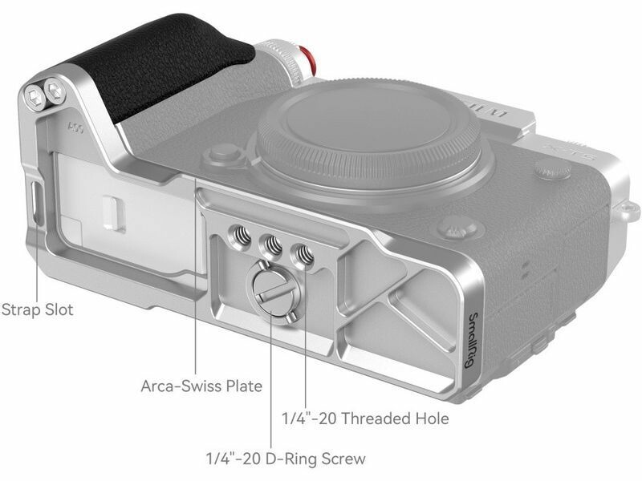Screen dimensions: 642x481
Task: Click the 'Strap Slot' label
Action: click(37, 309)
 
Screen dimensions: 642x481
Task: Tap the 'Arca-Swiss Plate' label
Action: click(201, 386)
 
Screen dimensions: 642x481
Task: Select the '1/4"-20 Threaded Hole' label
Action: click(365, 418)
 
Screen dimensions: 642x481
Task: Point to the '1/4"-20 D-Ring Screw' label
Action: click(286, 459)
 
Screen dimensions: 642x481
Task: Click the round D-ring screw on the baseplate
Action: click(273, 292)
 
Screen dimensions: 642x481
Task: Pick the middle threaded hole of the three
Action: click(273, 245)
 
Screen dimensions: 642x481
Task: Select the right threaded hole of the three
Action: click(303, 256)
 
